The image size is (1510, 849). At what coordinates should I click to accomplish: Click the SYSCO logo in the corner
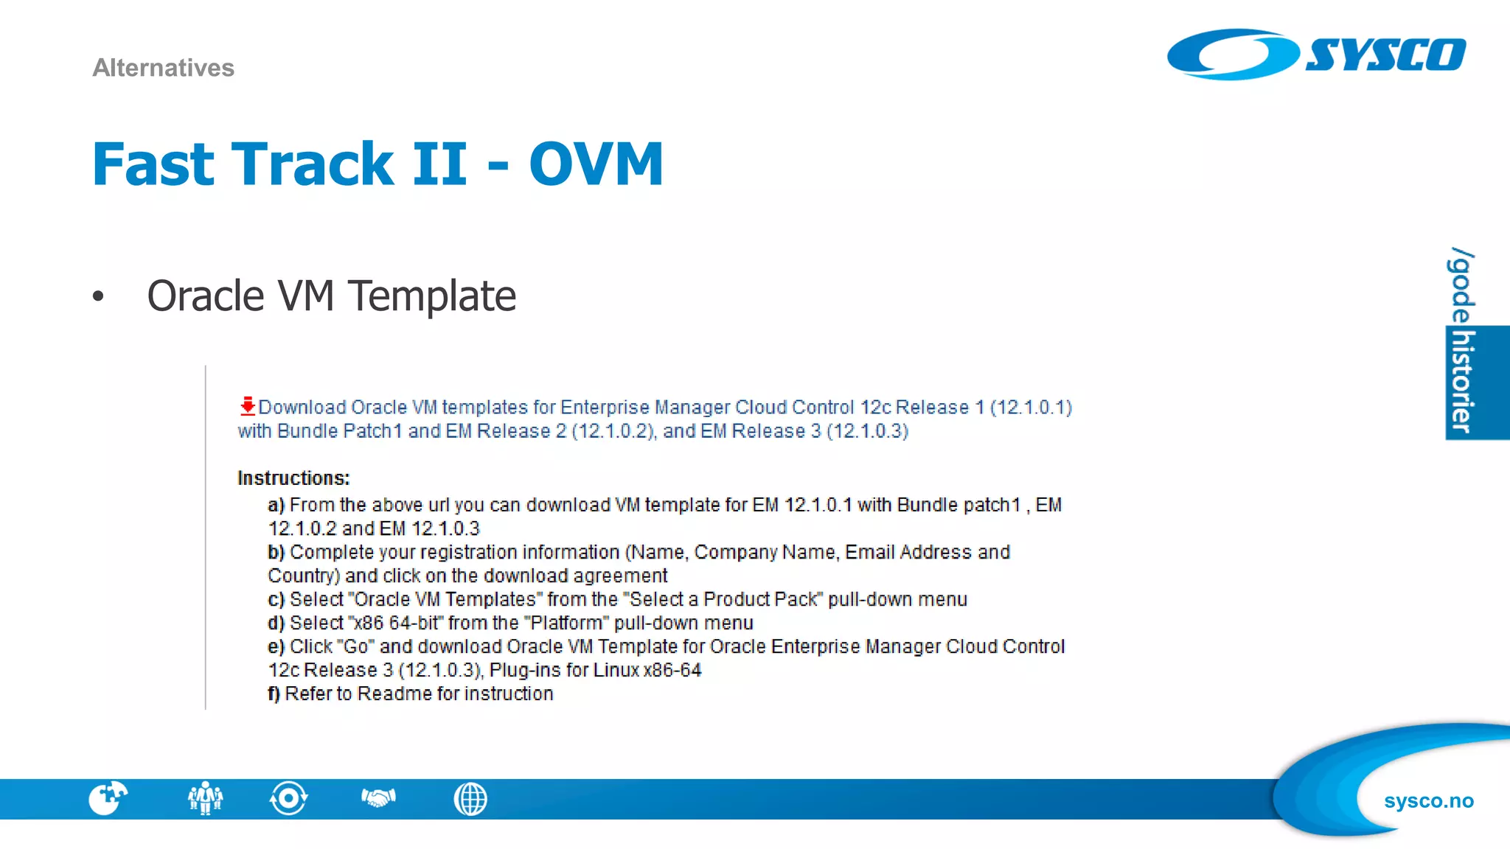(x=1316, y=55)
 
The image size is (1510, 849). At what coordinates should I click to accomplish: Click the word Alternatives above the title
(x=163, y=68)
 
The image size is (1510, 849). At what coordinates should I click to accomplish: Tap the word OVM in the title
(x=596, y=164)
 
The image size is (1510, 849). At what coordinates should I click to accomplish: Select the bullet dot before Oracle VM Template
(x=98, y=297)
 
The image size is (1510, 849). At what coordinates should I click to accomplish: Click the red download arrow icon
(x=247, y=405)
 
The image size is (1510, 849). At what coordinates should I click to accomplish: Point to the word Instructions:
(x=293, y=478)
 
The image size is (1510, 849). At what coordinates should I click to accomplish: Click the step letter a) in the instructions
(x=276, y=505)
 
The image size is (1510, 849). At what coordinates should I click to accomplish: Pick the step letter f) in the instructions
(x=274, y=693)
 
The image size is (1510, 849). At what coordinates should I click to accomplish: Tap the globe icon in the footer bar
(x=470, y=799)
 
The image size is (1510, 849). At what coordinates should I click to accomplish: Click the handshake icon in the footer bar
(x=378, y=798)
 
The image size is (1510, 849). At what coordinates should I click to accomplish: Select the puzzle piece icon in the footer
(x=108, y=798)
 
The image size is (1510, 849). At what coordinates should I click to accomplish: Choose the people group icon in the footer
(x=205, y=798)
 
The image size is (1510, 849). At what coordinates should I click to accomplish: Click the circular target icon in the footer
(x=288, y=798)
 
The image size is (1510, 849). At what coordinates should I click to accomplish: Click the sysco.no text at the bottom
(x=1428, y=801)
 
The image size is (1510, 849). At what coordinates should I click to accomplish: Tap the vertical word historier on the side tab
(x=1462, y=382)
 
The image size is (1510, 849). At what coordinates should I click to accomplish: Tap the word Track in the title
(x=313, y=164)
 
